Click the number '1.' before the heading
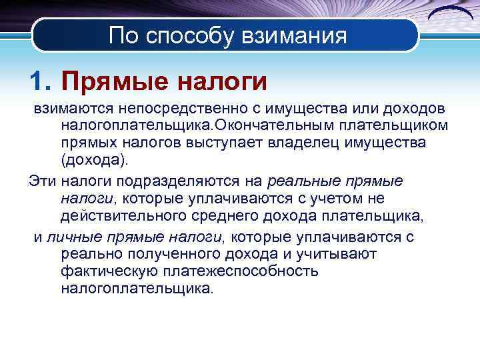(x=41, y=82)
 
